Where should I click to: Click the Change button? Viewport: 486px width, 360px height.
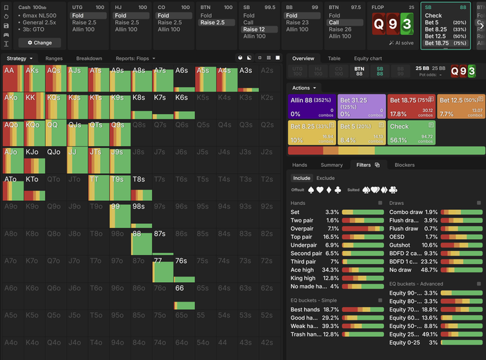click(40, 42)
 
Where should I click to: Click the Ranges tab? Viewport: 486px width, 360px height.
click(54, 58)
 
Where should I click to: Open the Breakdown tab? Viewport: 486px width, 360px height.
click(89, 58)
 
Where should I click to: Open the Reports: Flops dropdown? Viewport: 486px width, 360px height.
click(135, 58)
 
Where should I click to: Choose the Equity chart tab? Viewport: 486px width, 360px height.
click(368, 58)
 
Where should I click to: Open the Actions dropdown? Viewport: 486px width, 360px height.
click(305, 88)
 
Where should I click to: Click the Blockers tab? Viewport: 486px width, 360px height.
click(405, 165)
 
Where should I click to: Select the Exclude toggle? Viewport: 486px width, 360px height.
click(326, 178)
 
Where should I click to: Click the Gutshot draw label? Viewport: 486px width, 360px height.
click(401, 245)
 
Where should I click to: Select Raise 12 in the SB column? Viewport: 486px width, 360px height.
click(253, 29)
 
